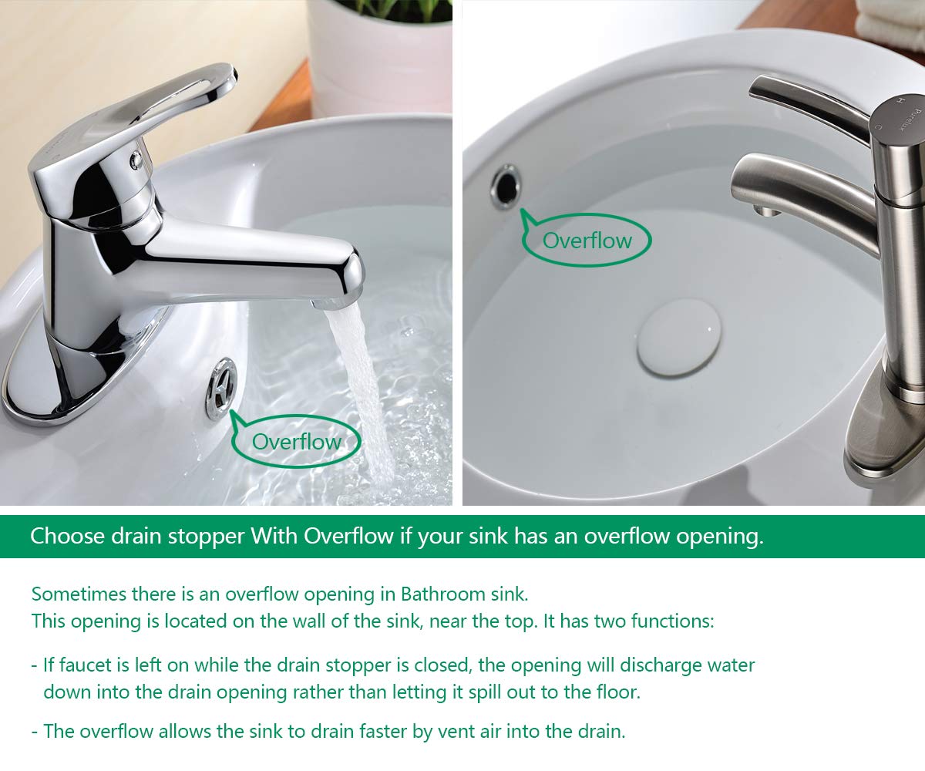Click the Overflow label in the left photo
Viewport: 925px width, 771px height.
(x=296, y=442)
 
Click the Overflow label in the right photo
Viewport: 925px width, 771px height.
(x=587, y=241)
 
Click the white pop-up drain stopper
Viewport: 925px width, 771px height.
(x=679, y=337)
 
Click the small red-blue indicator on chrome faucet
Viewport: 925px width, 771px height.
(x=136, y=160)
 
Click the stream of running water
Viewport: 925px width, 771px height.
(x=360, y=390)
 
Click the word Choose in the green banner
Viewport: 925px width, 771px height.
(x=67, y=536)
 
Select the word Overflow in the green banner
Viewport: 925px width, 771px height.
(x=348, y=536)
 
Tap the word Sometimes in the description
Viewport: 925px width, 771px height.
(x=79, y=594)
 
